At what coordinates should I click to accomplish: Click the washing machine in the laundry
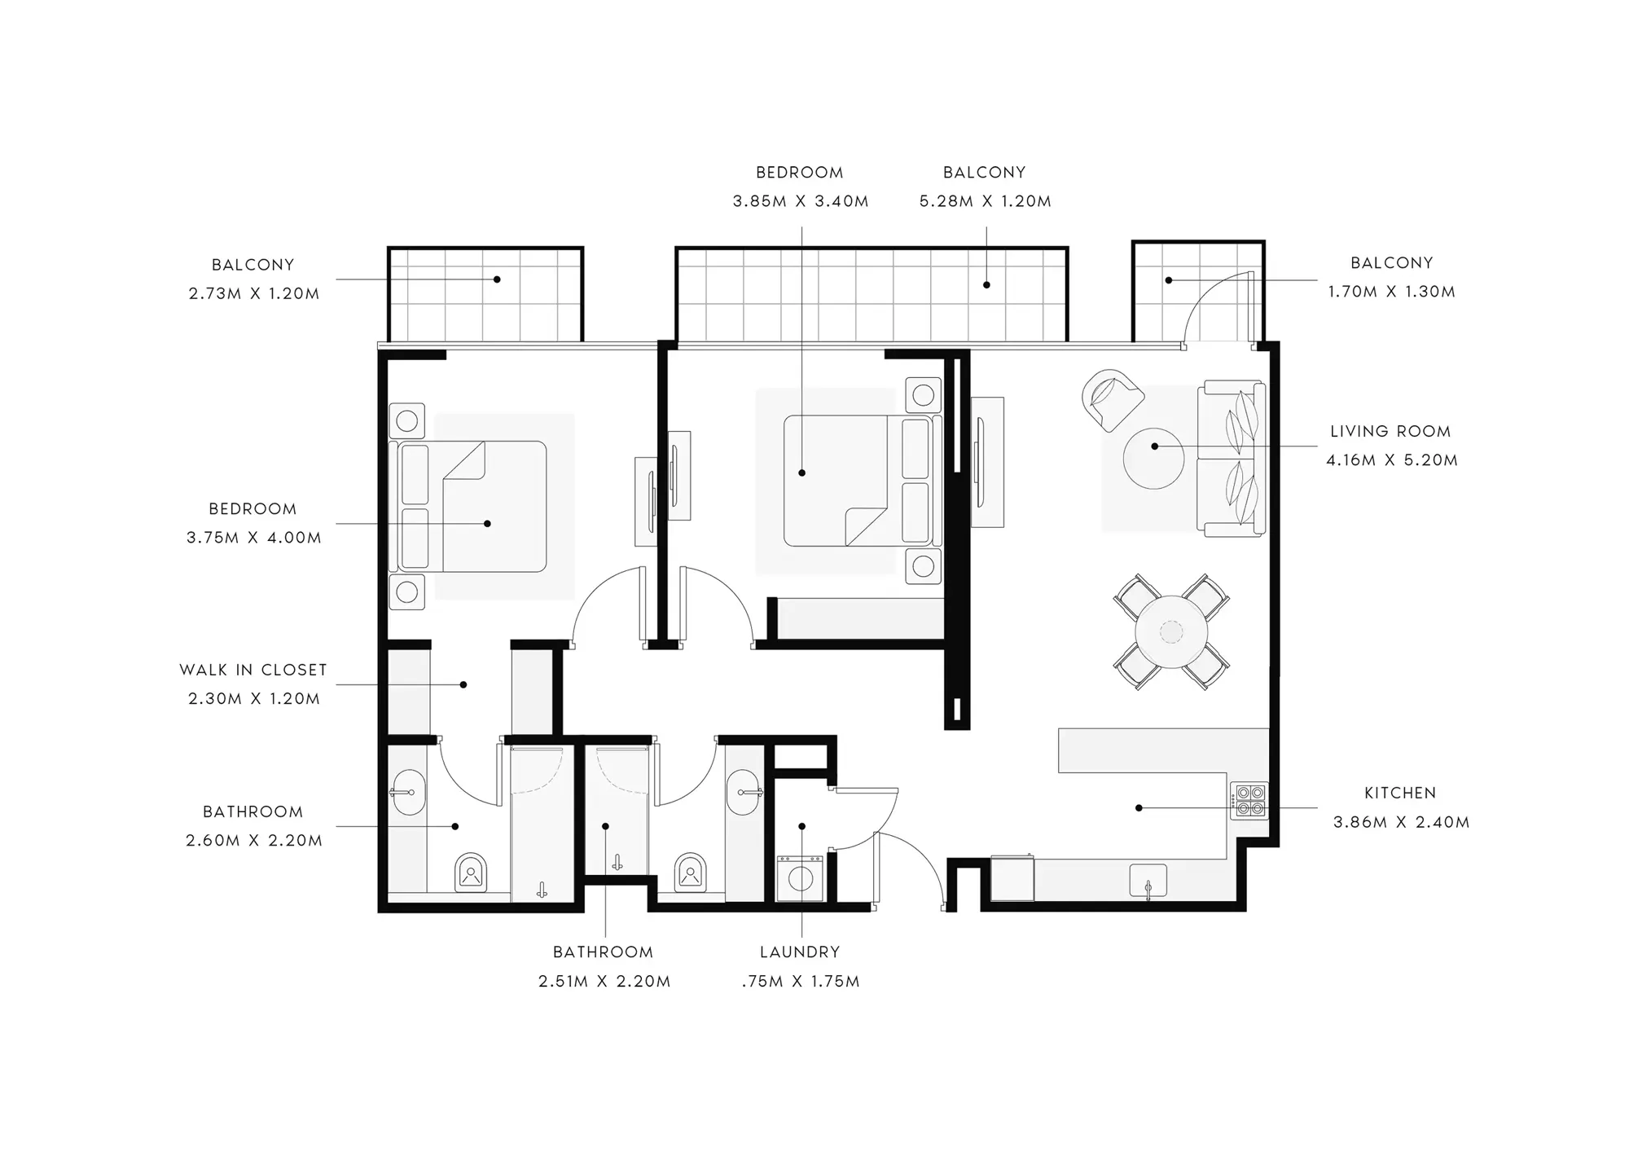[800, 877]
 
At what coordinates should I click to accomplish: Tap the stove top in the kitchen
[1249, 801]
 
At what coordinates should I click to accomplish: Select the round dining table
[1171, 632]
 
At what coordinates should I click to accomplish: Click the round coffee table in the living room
[1153, 458]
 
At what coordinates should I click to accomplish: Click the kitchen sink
[1148, 882]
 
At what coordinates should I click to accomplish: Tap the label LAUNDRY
[800, 952]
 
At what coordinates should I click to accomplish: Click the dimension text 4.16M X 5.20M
[1392, 460]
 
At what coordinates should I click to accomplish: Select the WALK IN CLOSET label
[253, 670]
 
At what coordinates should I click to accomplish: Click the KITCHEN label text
[1400, 793]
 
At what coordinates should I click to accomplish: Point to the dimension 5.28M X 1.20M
[986, 201]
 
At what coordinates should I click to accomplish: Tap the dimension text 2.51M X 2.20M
[604, 982]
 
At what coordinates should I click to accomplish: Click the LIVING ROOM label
[1390, 431]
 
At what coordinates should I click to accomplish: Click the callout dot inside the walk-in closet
[463, 684]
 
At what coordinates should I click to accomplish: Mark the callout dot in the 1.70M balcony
[1169, 280]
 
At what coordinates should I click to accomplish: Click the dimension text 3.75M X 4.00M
[254, 538]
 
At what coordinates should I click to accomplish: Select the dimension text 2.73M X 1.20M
[254, 294]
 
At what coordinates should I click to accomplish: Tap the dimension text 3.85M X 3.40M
[801, 201]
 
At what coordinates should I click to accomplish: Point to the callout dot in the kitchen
[1139, 808]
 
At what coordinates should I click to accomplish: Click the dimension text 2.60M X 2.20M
[254, 841]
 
